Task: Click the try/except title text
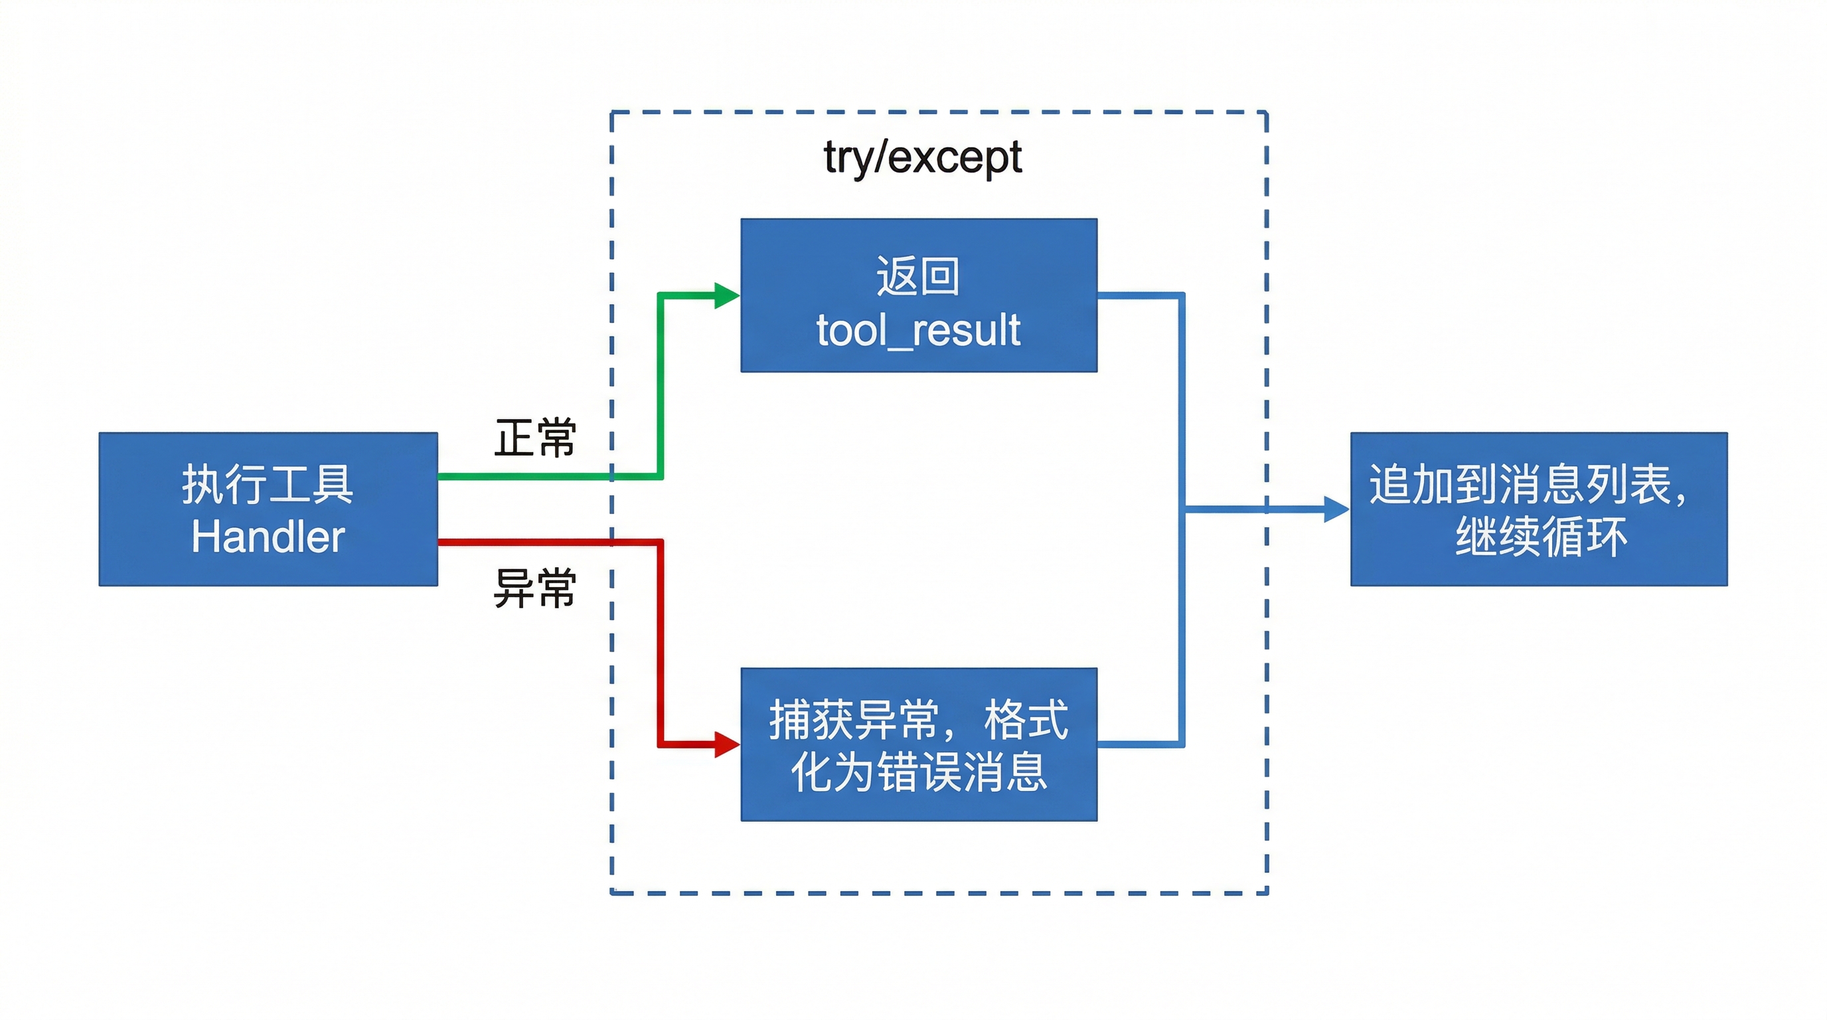922,157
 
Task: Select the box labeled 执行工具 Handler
268,509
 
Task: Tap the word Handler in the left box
268,537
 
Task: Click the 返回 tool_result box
918,294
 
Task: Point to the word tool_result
918,331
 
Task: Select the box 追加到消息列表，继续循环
1538,509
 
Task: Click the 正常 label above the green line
535,438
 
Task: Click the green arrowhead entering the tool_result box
726,295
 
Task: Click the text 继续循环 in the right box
1540,537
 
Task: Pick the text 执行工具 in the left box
268,485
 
